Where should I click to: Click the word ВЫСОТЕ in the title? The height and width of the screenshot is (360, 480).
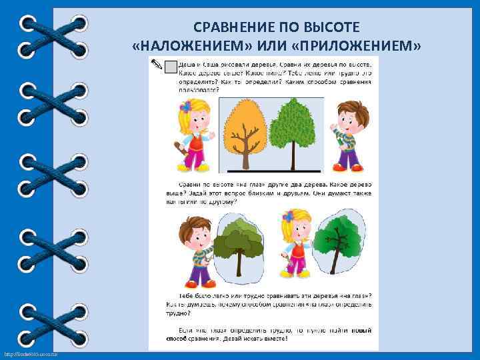[333, 27]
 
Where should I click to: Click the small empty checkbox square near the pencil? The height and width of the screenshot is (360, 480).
[171, 66]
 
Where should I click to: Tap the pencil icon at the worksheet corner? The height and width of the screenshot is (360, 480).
[157, 64]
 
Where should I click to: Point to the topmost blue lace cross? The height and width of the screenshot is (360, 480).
[53, 36]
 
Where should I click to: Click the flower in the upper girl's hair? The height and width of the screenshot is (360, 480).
[184, 107]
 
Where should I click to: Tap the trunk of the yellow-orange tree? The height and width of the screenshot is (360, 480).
[246, 156]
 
